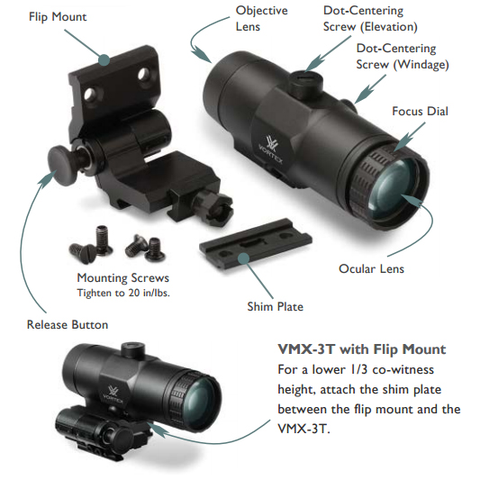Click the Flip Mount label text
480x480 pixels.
[58, 17]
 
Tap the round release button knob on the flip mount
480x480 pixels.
[63, 166]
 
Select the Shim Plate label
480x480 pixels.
[276, 306]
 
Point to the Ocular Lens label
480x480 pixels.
[371, 268]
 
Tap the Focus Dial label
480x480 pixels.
[420, 111]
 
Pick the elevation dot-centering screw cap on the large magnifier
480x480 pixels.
[307, 81]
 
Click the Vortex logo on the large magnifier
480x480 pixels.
[271, 149]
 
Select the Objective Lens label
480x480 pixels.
[261, 18]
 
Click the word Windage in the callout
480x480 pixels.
[421, 65]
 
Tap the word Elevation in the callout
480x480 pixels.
[389, 27]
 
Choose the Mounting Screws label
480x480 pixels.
[122, 278]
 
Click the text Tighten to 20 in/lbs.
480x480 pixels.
[123, 293]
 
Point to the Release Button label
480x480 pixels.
[68, 324]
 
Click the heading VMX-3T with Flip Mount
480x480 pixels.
[361, 349]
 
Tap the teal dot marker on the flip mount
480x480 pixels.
[104, 59]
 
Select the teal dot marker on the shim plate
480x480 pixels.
[244, 258]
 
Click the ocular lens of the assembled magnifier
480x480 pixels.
[198, 398]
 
